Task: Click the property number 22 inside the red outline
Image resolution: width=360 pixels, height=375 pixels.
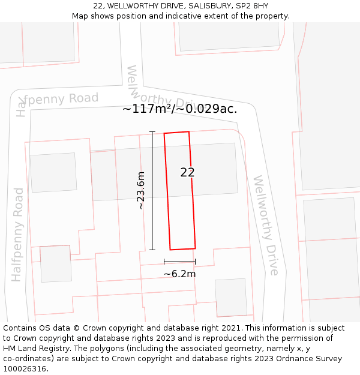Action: tap(187, 172)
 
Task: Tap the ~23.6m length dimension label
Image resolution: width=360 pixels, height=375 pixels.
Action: tap(141, 190)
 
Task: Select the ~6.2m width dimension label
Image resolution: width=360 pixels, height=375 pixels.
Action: tap(179, 274)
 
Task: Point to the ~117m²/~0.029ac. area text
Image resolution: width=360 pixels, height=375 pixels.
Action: tap(180, 109)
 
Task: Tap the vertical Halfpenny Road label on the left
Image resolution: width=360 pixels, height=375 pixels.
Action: tap(17, 235)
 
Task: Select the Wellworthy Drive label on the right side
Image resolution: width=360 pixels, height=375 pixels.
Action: tap(266, 225)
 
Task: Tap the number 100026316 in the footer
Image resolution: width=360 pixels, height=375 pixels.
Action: tap(25, 369)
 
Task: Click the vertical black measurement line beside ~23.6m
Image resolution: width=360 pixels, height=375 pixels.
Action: tap(152, 190)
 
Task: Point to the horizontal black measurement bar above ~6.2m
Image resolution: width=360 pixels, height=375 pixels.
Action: tap(179, 262)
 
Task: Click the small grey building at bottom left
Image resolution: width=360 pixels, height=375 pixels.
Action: tap(56, 263)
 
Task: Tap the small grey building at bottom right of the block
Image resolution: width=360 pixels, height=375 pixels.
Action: tap(231, 297)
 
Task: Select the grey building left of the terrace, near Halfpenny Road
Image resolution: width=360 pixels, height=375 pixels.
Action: tap(53, 173)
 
